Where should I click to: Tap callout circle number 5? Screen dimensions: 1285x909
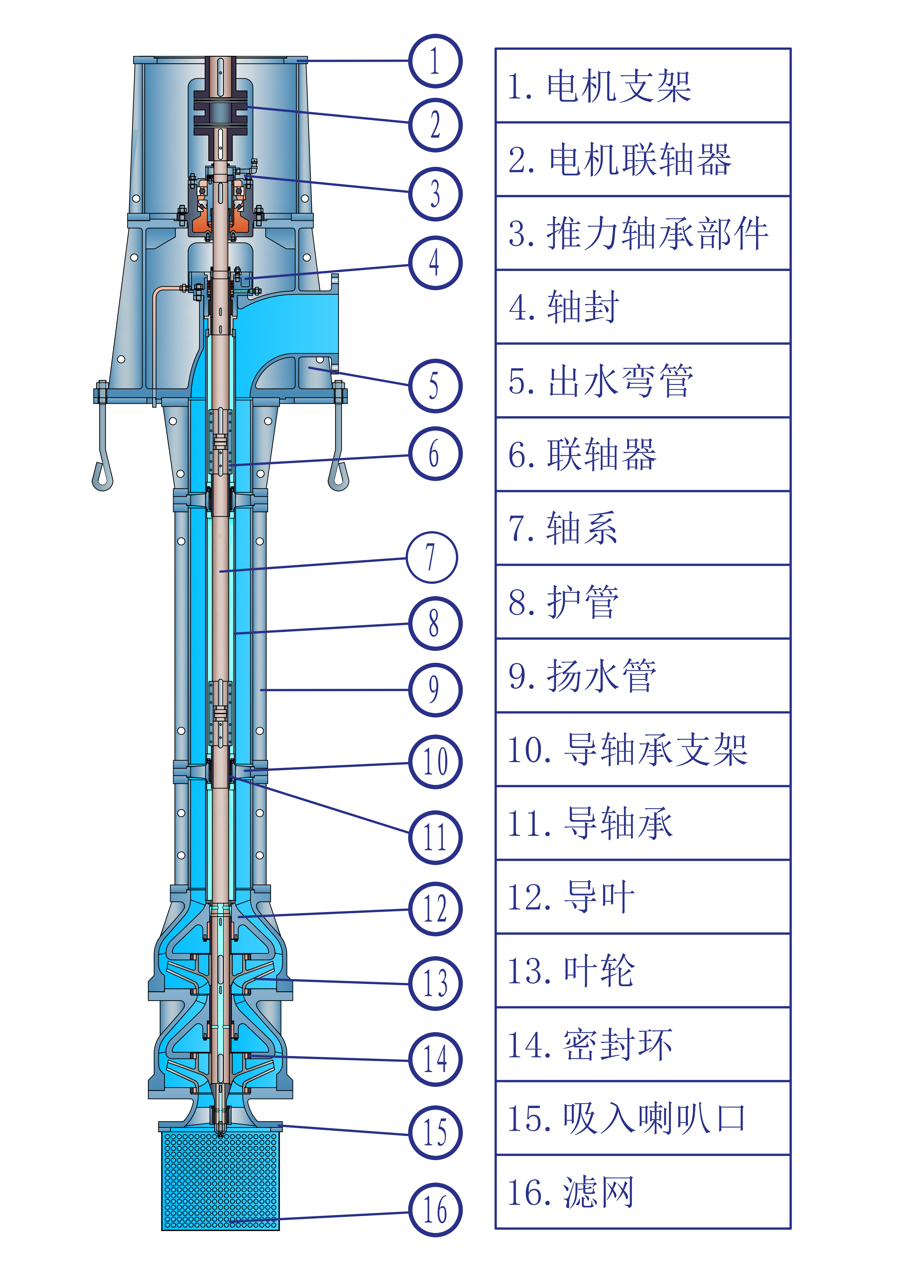point(435,386)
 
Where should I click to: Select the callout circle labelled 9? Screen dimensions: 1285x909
point(435,689)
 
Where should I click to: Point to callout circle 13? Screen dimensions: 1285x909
point(435,983)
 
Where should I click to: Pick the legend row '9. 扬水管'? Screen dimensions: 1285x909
point(582,675)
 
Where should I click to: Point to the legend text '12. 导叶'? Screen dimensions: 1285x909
point(571,897)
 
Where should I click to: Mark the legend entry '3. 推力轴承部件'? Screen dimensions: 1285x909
point(638,233)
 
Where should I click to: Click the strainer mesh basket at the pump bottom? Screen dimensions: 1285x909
point(220,1181)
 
